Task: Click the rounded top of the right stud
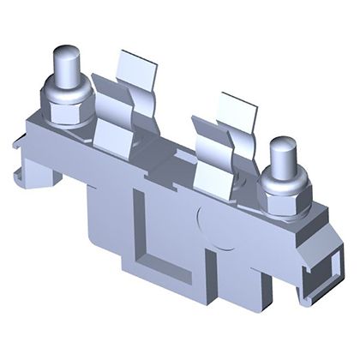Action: pyautogui.click(x=282, y=147)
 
